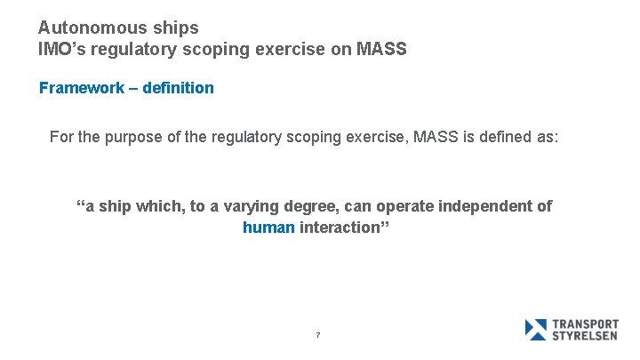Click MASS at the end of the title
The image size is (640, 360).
pyautogui.click(x=380, y=50)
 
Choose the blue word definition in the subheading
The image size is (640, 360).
pyautogui.click(x=177, y=88)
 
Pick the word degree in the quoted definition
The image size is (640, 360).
pyautogui.click(x=312, y=206)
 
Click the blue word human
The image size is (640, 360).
pyautogui.click(x=268, y=228)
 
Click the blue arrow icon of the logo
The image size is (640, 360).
pyautogui.click(x=536, y=330)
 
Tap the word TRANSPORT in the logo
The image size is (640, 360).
pyautogui.click(x=586, y=324)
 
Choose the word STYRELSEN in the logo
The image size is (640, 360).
pyautogui.click(x=586, y=336)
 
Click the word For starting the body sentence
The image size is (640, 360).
pyautogui.click(x=61, y=137)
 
